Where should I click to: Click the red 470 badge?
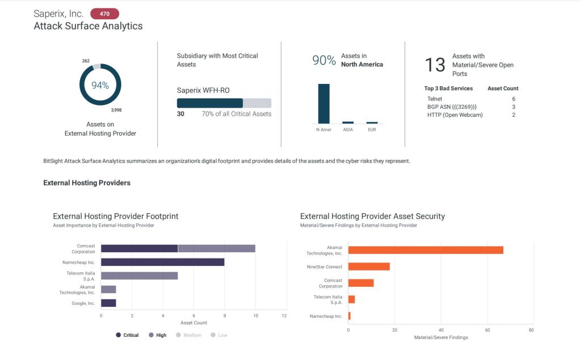104,14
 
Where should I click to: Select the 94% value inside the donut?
100,85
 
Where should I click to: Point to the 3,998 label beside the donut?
116,109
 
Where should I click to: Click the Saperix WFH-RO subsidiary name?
203,90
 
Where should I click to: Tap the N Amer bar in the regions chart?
323,103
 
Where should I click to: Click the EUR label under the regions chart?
372,130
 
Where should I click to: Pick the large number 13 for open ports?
435,65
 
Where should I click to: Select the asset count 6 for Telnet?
513,99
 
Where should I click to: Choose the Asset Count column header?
503,88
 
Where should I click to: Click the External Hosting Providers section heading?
87,183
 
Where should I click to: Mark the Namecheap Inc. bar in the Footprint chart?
162,262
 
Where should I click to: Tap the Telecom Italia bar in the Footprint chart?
139,276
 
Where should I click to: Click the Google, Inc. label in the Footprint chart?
83,303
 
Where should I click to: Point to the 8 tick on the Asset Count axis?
225,315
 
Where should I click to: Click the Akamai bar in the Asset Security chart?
426,250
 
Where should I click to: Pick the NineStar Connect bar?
369,266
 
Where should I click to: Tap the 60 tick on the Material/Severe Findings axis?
487,329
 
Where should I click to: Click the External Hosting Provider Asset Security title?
372,216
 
